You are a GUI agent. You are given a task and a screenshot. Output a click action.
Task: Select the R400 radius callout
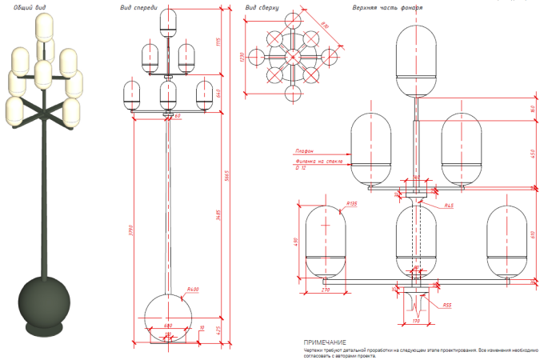point(192,289)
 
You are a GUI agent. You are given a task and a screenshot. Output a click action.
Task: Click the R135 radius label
point(350,205)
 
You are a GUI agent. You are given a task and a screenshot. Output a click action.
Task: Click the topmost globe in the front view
point(169,19)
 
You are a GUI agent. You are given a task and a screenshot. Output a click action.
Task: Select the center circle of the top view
point(289,56)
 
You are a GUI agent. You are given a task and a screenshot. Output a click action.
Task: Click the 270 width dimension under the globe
point(324,290)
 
